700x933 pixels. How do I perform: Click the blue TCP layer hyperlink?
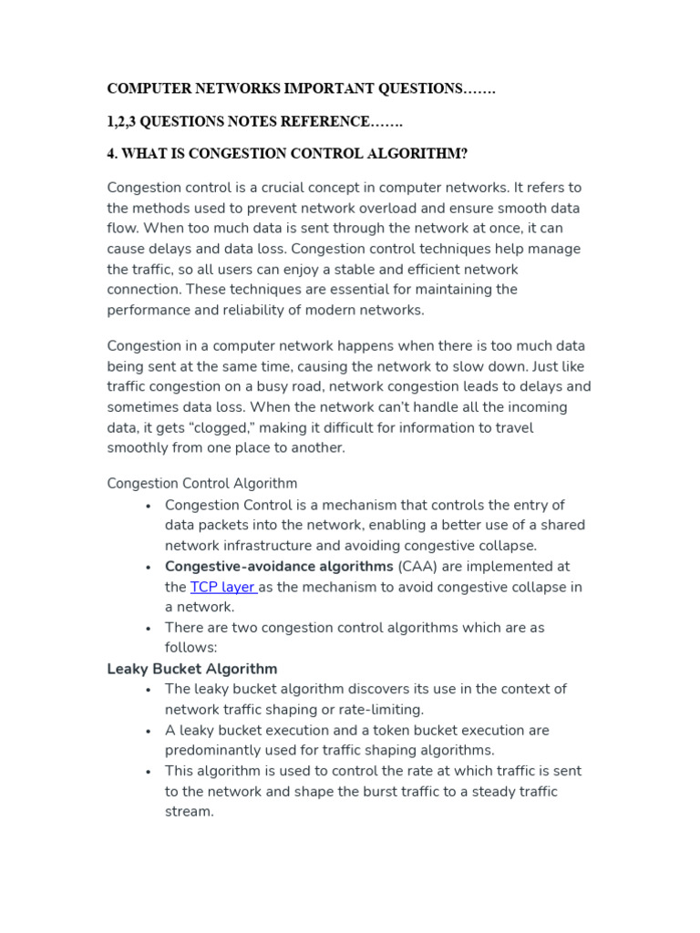tap(223, 587)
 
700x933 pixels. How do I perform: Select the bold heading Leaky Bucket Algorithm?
tap(192, 669)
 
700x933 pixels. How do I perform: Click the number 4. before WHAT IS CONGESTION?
tap(113, 154)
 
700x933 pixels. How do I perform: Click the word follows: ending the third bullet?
tap(190, 648)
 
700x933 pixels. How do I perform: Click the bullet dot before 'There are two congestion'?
tap(148, 628)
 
